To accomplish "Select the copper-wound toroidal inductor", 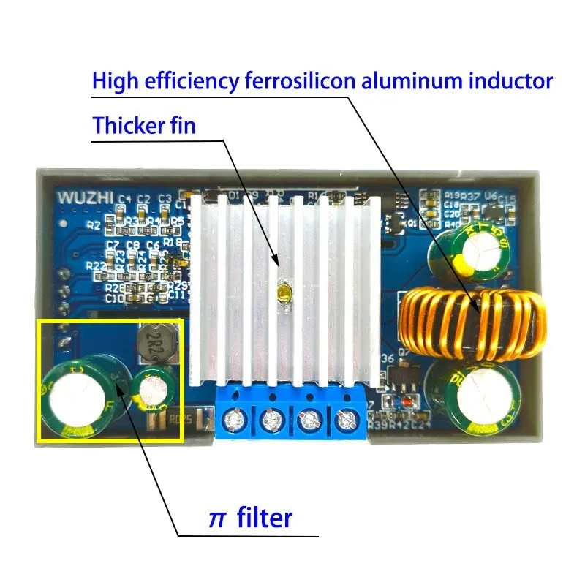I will point(475,322).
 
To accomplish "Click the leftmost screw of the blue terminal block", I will point(235,420).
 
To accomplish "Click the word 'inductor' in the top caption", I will point(505,80).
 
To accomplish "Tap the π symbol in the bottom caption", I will point(217,518).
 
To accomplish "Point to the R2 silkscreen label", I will point(93,225).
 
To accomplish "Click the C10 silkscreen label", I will point(114,298).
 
